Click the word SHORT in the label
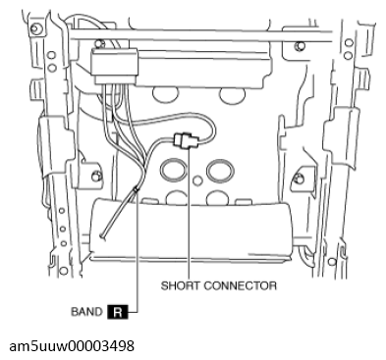tap(180, 285)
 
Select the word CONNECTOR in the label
tap(240, 285)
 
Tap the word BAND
tap(86, 312)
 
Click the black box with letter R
tap(118, 312)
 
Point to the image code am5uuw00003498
tap(72, 346)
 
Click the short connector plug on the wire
tap(186, 141)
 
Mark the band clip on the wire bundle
tap(136, 189)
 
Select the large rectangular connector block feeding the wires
tap(115, 66)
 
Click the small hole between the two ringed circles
tap(197, 180)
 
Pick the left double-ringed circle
tap(174, 170)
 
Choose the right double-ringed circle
tap(220, 171)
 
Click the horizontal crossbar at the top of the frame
tap(201, 35)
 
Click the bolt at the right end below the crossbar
tap(298, 46)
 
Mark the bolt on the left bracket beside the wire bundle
tap(95, 177)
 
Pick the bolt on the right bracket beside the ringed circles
tap(298, 179)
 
